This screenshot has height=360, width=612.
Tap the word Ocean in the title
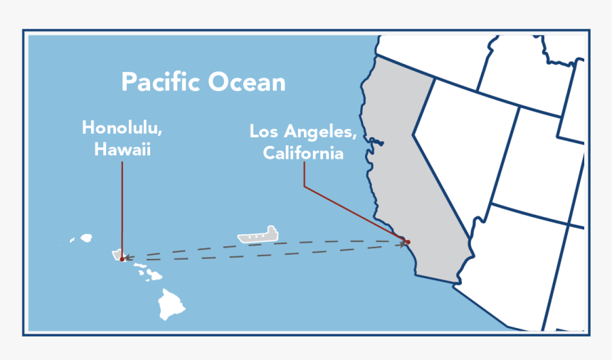246,82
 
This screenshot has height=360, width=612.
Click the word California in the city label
302,153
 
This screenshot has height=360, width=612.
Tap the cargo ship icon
258,235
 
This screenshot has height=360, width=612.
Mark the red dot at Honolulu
122,259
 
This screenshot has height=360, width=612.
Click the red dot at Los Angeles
408,242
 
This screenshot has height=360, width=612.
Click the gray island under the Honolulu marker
116,254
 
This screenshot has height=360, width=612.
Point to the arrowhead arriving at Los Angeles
403,244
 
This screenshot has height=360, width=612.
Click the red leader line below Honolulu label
122,206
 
